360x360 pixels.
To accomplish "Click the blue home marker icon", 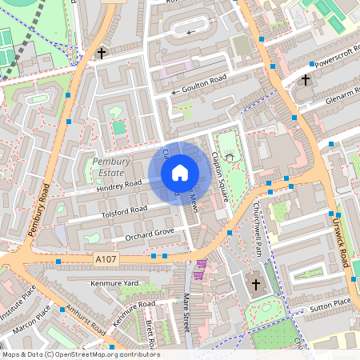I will click(x=180, y=172).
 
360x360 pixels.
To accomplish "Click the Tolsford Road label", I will click(x=125, y=210).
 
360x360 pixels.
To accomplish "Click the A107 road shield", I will click(x=106, y=259).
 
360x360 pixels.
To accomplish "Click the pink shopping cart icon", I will click(x=199, y=265).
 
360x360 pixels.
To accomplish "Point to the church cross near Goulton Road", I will click(x=101, y=54).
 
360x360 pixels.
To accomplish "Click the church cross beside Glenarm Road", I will click(x=305, y=80).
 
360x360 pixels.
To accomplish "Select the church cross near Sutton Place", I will click(x=256, y=284).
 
